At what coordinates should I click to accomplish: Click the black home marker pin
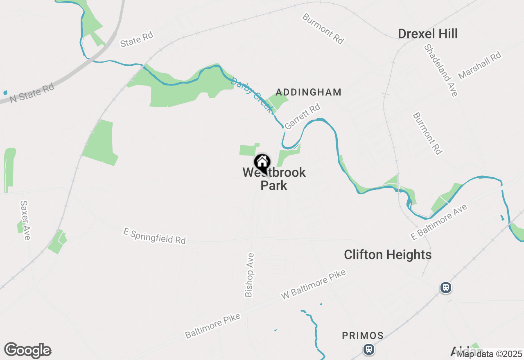tap(262, 162)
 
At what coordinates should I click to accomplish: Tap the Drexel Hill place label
tap(427, 34)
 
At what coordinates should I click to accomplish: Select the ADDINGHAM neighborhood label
tap(308, 92)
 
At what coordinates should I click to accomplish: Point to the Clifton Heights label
tap(387, 255)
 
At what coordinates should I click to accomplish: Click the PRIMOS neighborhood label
tap(363, 336)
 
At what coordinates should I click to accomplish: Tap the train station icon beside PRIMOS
tap(369, 349)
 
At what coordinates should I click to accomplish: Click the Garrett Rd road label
tap(302, 117)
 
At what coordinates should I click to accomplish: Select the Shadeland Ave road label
tap(440, 70)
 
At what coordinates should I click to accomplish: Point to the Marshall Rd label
tap(480, 65)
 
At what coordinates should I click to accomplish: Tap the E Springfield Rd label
tap(154, 236)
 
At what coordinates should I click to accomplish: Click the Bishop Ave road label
tap(249, 274)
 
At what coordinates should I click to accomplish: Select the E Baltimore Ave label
tap(439, 223)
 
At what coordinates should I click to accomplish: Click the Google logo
tap(27, 351)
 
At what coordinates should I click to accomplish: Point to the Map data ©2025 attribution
tap(490, 354)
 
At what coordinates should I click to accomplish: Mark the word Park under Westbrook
tap(274, 185)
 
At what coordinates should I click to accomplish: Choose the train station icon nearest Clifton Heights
tap(446, 288)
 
